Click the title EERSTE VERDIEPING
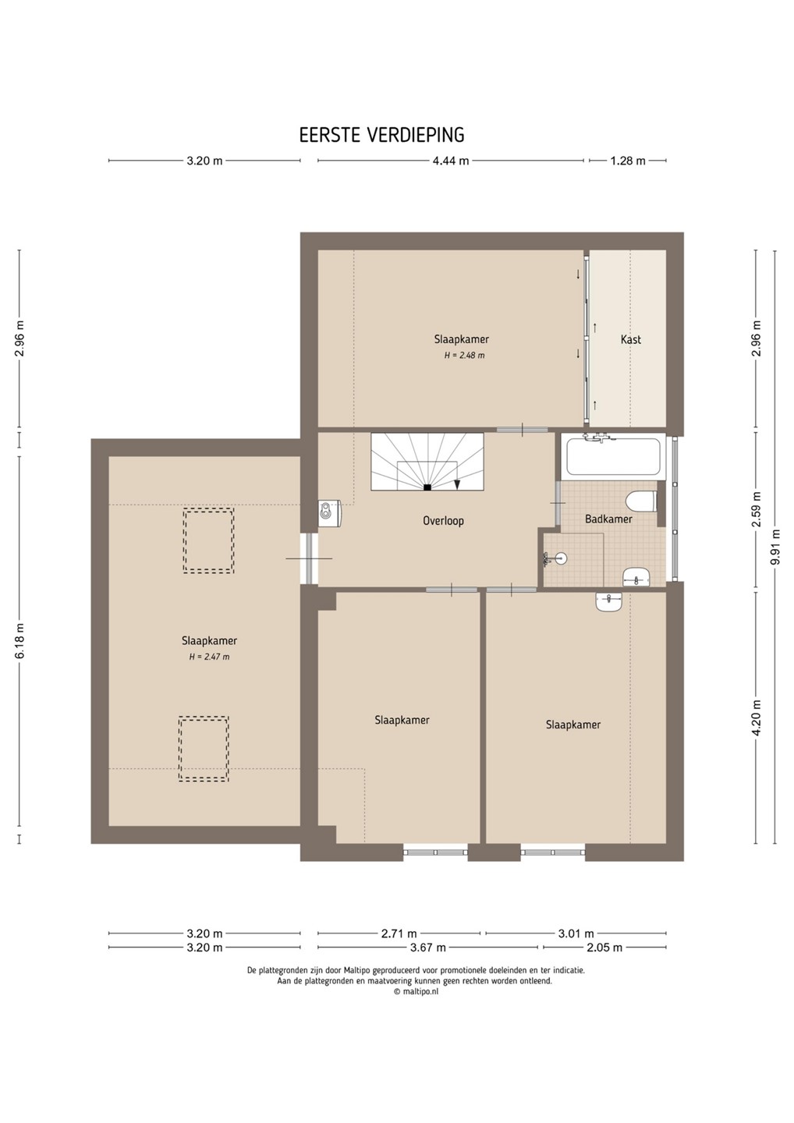pyautogui.click(x=381, y=135)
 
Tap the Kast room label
pyautogui.click(x=630, y=339)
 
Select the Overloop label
pyautogui.click(x=443, y=520)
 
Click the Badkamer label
pyautogui.click(x=608, y=519)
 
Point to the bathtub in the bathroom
pyautogui.click(x=612, y=456)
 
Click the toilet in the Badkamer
pyautogui.click(x=642, y=501)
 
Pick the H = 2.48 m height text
pyautogui.click(x=464, y=356)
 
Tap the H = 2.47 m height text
pyautogui.click(x=209, y=657)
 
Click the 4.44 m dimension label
pyautogui.click(x=451, y=161)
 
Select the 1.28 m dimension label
pyautogui.click(x=628, y=161)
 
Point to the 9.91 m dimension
pyautogui.click(x=776, y=547)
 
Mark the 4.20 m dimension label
pyautogui.click(x=757, y=717)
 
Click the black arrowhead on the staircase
pyautogui.click(x=456, y=484)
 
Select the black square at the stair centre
pyautogui.click(x=427, y=487)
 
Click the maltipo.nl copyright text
pyautogui.click(x=416, y=991)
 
